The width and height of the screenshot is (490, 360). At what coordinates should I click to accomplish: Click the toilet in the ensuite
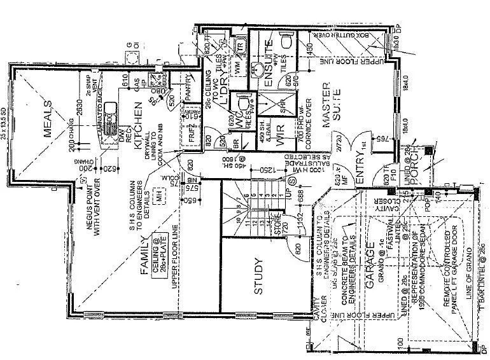[285, 42]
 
